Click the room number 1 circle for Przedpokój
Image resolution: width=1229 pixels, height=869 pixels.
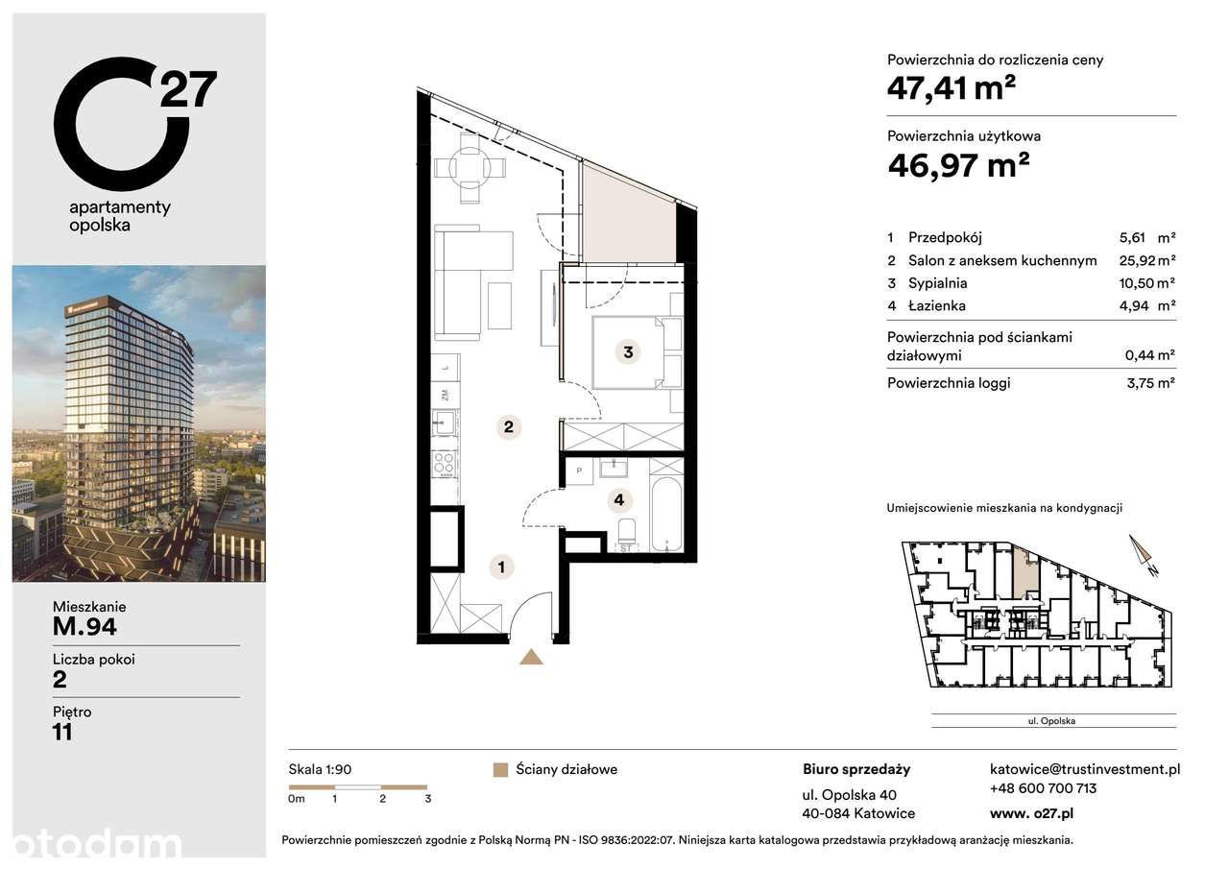pos(500,567)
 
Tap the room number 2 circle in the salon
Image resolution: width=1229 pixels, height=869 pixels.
pos(510,427)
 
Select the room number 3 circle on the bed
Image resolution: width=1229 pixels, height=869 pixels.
pos(628,352)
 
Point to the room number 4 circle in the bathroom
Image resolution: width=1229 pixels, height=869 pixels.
pos(620,499)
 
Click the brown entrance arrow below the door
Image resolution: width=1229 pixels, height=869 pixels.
pos(531,657)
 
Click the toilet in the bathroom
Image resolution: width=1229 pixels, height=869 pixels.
pos(626,534)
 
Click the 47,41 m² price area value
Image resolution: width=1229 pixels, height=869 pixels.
pos(952,89)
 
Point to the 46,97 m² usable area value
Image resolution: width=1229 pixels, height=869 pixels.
pos(958,165)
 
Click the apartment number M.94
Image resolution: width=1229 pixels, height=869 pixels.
pos(84,628)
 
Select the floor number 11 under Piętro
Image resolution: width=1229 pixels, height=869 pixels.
pos(62,732)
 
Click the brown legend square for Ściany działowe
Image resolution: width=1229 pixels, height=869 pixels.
pos(499,770)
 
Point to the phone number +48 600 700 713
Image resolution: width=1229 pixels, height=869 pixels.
pos(1043,788)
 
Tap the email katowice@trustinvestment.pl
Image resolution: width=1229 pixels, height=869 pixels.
pos(1085,769)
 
